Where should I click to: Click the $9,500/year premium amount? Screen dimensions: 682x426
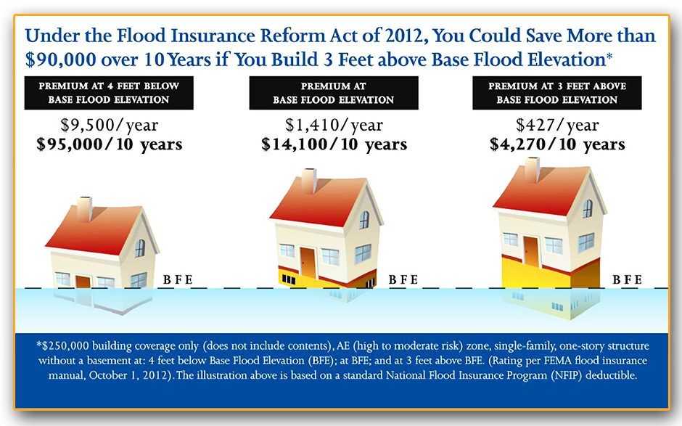109,126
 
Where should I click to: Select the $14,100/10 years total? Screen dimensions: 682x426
334,144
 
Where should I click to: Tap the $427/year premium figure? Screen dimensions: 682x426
557,126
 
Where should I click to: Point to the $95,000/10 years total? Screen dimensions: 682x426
109,144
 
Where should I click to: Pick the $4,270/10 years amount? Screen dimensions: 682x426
557,144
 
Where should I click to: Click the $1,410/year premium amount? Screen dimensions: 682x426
334,126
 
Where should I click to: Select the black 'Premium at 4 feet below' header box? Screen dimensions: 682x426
109,93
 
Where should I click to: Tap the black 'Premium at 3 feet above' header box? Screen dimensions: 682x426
557,93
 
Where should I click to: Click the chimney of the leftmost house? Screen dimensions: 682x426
84,209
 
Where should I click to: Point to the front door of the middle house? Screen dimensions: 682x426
308,263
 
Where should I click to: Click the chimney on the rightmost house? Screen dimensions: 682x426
532,170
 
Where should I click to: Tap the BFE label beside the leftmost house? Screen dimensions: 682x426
178,279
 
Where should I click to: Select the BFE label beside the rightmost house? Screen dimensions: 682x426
627,279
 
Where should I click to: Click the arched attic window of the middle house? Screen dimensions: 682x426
364,220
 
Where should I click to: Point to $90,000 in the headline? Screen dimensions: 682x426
60,60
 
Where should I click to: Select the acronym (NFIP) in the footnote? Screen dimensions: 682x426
566,375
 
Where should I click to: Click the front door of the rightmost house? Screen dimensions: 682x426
532,252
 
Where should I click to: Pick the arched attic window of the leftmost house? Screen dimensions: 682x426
139,248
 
